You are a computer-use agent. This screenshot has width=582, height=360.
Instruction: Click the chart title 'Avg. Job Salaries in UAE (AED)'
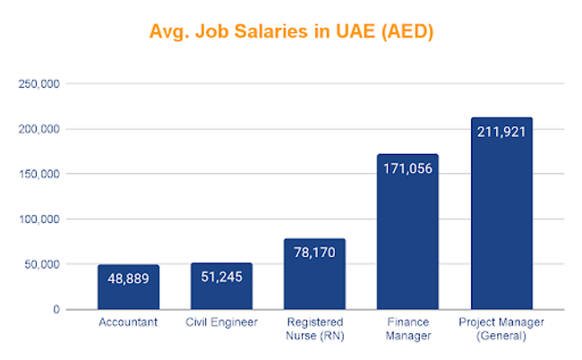pos(290,33)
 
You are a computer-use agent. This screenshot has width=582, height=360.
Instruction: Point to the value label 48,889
pos(128,278)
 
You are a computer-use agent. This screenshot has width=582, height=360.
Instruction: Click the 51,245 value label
pos(221,276)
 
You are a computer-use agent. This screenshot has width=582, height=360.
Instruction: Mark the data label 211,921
pos(501,132)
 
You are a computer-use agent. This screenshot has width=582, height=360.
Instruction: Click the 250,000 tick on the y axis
pos(39,84)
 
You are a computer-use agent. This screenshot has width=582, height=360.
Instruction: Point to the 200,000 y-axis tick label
pos(39,129)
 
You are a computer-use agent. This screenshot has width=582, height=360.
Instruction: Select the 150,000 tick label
pos(39,174)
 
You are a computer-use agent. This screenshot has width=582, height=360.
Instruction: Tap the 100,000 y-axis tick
pos(39,219)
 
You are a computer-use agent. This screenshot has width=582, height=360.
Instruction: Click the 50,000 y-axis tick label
pos(41,264)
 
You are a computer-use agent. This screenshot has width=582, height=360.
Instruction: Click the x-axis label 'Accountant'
pos(128,322)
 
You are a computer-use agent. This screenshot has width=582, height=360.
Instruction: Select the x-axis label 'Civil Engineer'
pos(221,322)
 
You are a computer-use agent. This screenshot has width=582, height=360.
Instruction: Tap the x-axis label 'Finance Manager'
pos(407,329)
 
